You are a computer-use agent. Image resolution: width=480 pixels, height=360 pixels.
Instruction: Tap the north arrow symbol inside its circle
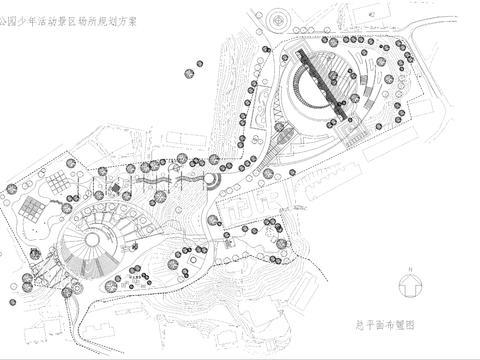click(x=409, y=287)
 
